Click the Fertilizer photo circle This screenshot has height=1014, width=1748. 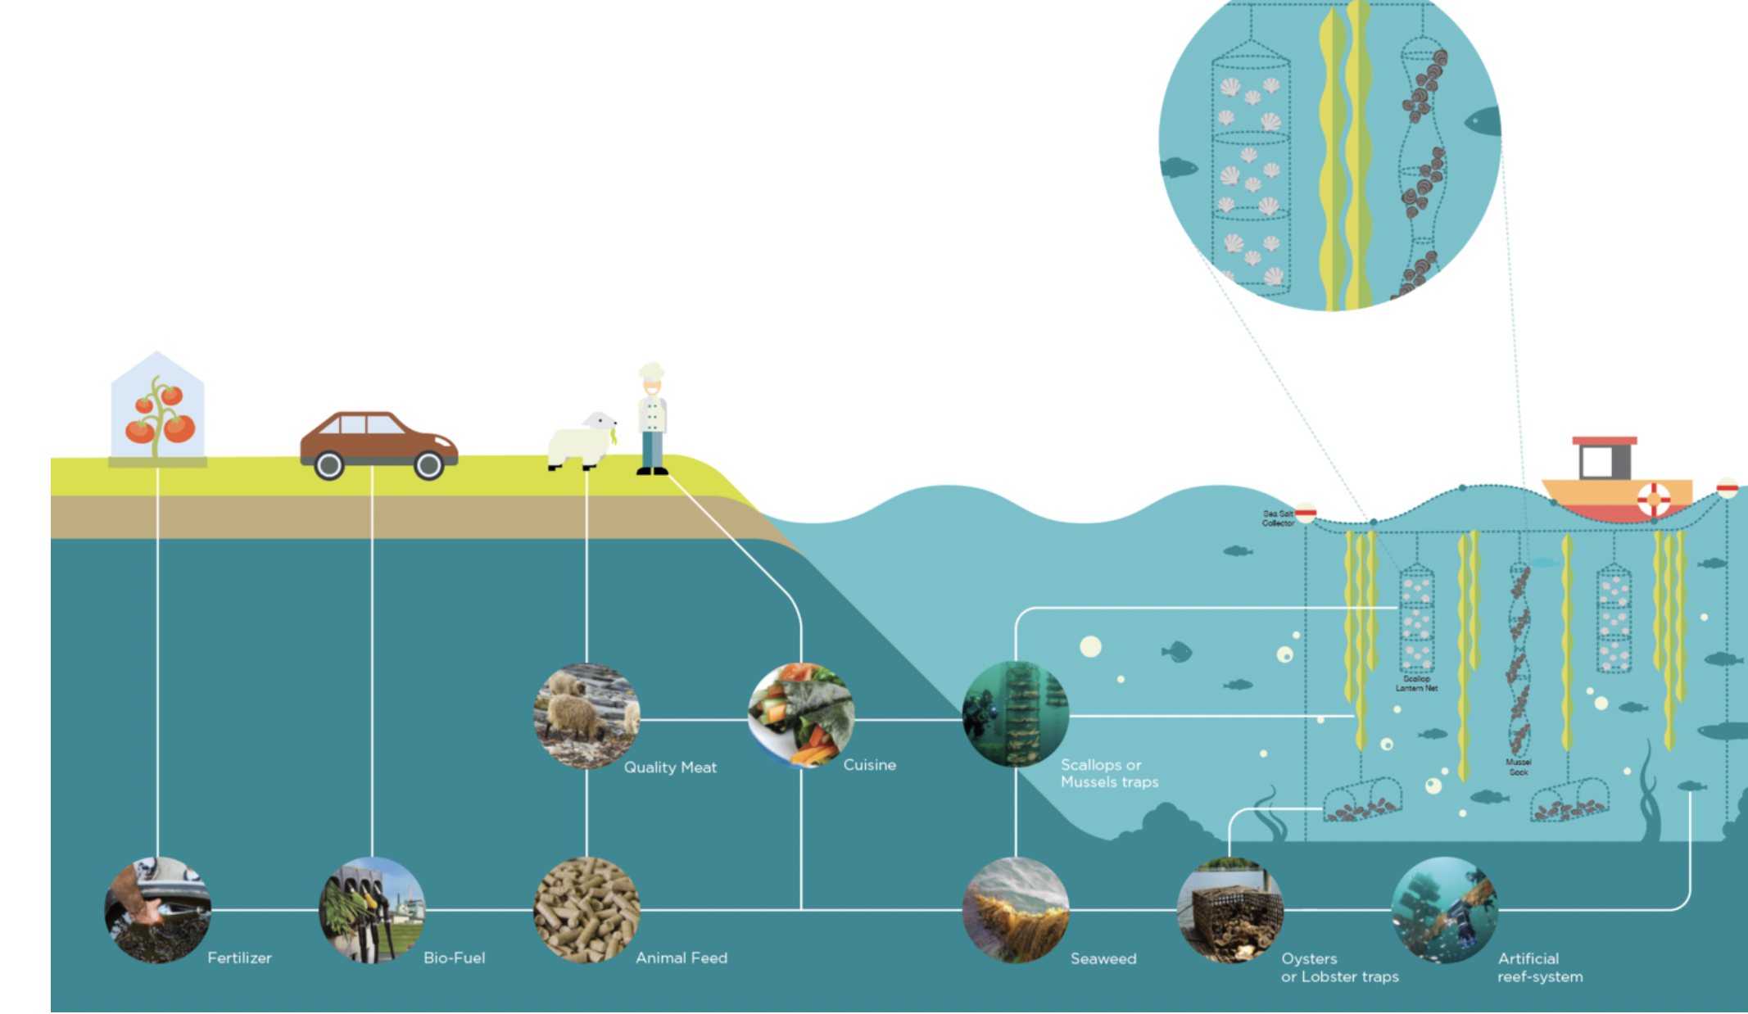[x=158, y=909]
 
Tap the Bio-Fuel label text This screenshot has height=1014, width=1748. [x=454, y=957]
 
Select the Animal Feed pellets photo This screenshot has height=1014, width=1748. [x=586, y=909]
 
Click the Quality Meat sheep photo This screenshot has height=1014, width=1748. [x=586, y=716]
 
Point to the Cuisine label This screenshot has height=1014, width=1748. [x=869, y=764]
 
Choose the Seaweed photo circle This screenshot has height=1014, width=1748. [x=1016, y=909]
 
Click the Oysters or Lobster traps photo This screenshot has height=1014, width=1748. [x=1229, y=909]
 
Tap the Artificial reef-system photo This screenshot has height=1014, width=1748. [x=1444, y=909]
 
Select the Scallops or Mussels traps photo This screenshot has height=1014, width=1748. [x=1016, y=714]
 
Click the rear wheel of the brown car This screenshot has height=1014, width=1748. [x=329, y=465]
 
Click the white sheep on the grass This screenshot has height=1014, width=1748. [x=581, y=442]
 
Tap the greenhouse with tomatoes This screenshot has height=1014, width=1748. [x=157, y=410]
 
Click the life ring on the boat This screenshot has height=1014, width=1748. [x=1653, y=498]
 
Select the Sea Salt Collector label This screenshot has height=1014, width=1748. [x=1277, y=518]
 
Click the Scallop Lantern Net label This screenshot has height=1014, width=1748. [x=1416, y=684]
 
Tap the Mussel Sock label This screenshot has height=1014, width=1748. [x=1518, y=767]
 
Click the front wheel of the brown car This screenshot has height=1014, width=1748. [x=428, y=465]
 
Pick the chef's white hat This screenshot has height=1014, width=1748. [x=651, y=370]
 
